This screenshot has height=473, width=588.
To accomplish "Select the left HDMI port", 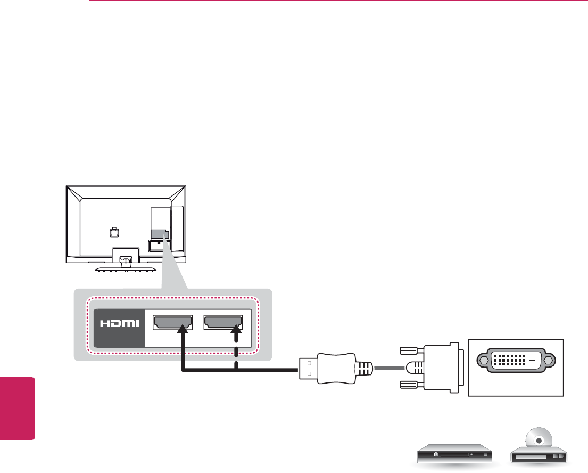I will coord(172,322).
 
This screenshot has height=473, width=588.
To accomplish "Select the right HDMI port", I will coord(223,322).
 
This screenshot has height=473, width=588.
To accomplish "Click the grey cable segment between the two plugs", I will coord(390,368).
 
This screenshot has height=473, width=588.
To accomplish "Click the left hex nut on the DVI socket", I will coord(483,360).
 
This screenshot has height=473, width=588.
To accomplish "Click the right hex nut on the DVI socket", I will coord(548,360).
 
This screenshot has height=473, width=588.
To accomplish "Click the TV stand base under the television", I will coord(126,267).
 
